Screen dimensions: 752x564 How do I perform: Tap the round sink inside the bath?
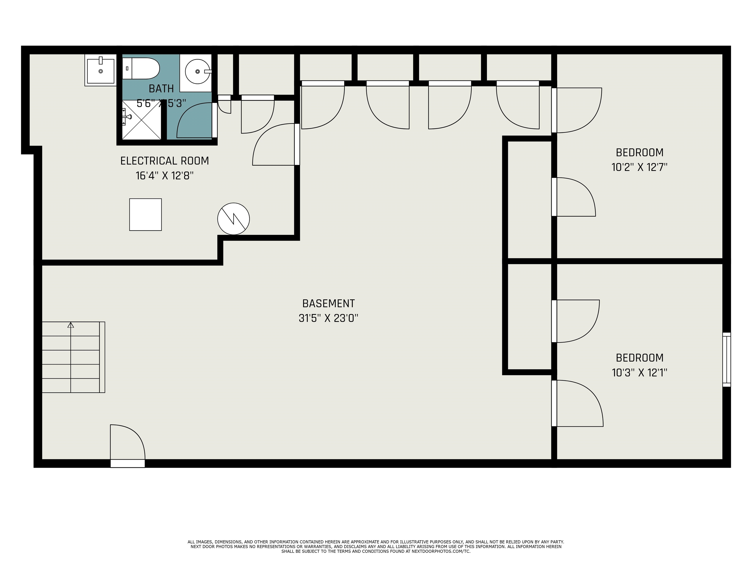198,71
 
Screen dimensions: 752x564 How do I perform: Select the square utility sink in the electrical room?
101,70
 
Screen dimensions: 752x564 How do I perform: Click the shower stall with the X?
142,120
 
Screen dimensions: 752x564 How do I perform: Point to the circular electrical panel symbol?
234,219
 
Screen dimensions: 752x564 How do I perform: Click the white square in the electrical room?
145,214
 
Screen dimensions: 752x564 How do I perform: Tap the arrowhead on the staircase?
71,325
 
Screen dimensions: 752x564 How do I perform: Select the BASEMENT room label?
329,303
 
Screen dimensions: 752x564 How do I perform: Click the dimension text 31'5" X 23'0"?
329,318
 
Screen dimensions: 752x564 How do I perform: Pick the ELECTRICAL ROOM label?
164,161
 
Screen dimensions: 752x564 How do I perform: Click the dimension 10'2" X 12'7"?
639,167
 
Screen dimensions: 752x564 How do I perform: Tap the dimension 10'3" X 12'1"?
639,373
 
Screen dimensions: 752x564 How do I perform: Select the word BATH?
161,89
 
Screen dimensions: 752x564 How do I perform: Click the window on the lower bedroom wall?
727,359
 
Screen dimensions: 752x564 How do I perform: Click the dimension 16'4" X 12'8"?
164,176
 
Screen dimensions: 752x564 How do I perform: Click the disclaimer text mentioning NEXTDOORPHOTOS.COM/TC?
376,551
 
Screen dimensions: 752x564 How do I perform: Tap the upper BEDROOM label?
639,152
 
